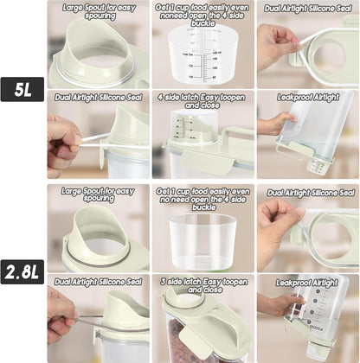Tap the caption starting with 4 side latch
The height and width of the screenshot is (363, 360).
pyautogui.click(x=202, y=103)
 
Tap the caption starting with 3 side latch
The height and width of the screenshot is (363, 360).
pyautogui.click(x=202, y=286)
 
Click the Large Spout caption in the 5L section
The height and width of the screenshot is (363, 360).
pyautogui.click(x=98, y=11)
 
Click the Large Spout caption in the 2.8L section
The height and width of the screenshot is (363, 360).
pyautogui.click(x=98, y=196)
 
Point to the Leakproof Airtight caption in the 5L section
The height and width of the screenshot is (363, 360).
pyautogui.click(x=307, y=98)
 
